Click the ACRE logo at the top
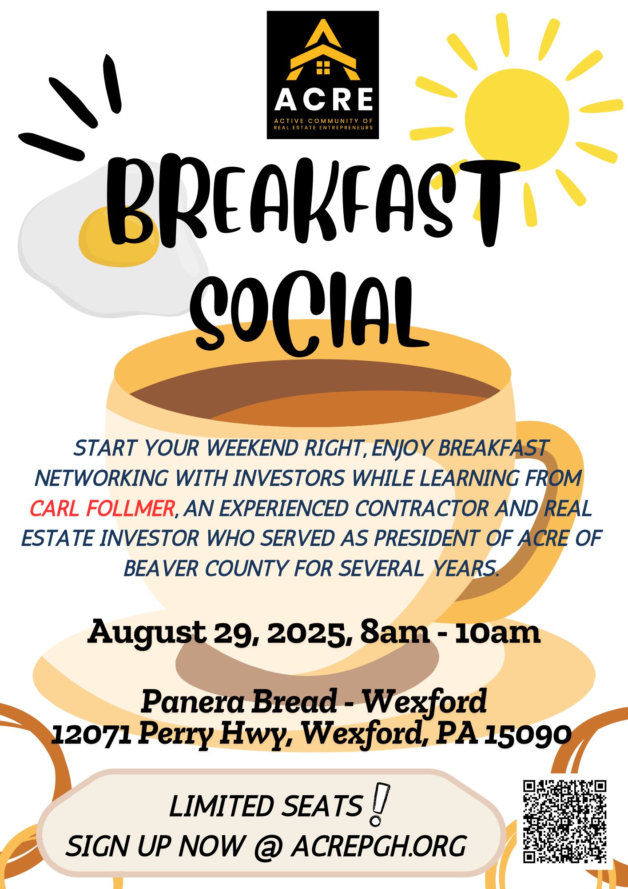tap(323, 75)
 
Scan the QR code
tap(564, 821)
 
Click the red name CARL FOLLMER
tap(102, 509)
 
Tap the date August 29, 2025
tap(220, 633)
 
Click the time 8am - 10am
tap(450, 632)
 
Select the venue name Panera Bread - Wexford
tap(314, 701)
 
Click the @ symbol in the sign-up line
tap(269, 846)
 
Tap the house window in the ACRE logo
tap(323, 68)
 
